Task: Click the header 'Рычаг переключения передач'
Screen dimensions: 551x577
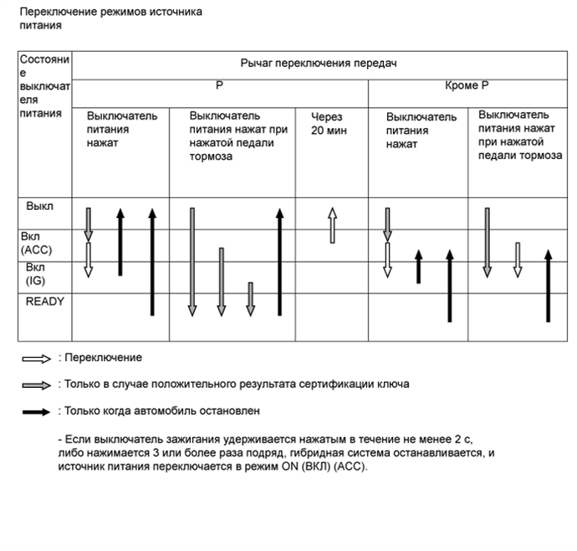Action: [x=317, y=64]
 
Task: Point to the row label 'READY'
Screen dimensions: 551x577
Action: [x=45, y=301]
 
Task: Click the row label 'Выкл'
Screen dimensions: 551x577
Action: [x=40, y=205]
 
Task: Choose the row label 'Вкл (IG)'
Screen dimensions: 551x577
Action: [x=38, y=273]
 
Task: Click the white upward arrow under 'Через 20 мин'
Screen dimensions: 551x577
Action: [x=331, y=225]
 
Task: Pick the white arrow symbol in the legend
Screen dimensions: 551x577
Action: [x=38, y=358]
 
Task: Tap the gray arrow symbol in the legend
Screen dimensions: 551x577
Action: [x=38, y=385]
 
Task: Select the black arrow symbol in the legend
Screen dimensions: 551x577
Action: [x=38, y=411]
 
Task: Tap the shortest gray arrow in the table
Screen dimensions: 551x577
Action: [x=250, y=299]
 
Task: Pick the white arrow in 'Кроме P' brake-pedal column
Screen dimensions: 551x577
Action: [x=518, y=259]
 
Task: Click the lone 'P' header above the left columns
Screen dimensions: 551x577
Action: [x=219, y=86]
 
